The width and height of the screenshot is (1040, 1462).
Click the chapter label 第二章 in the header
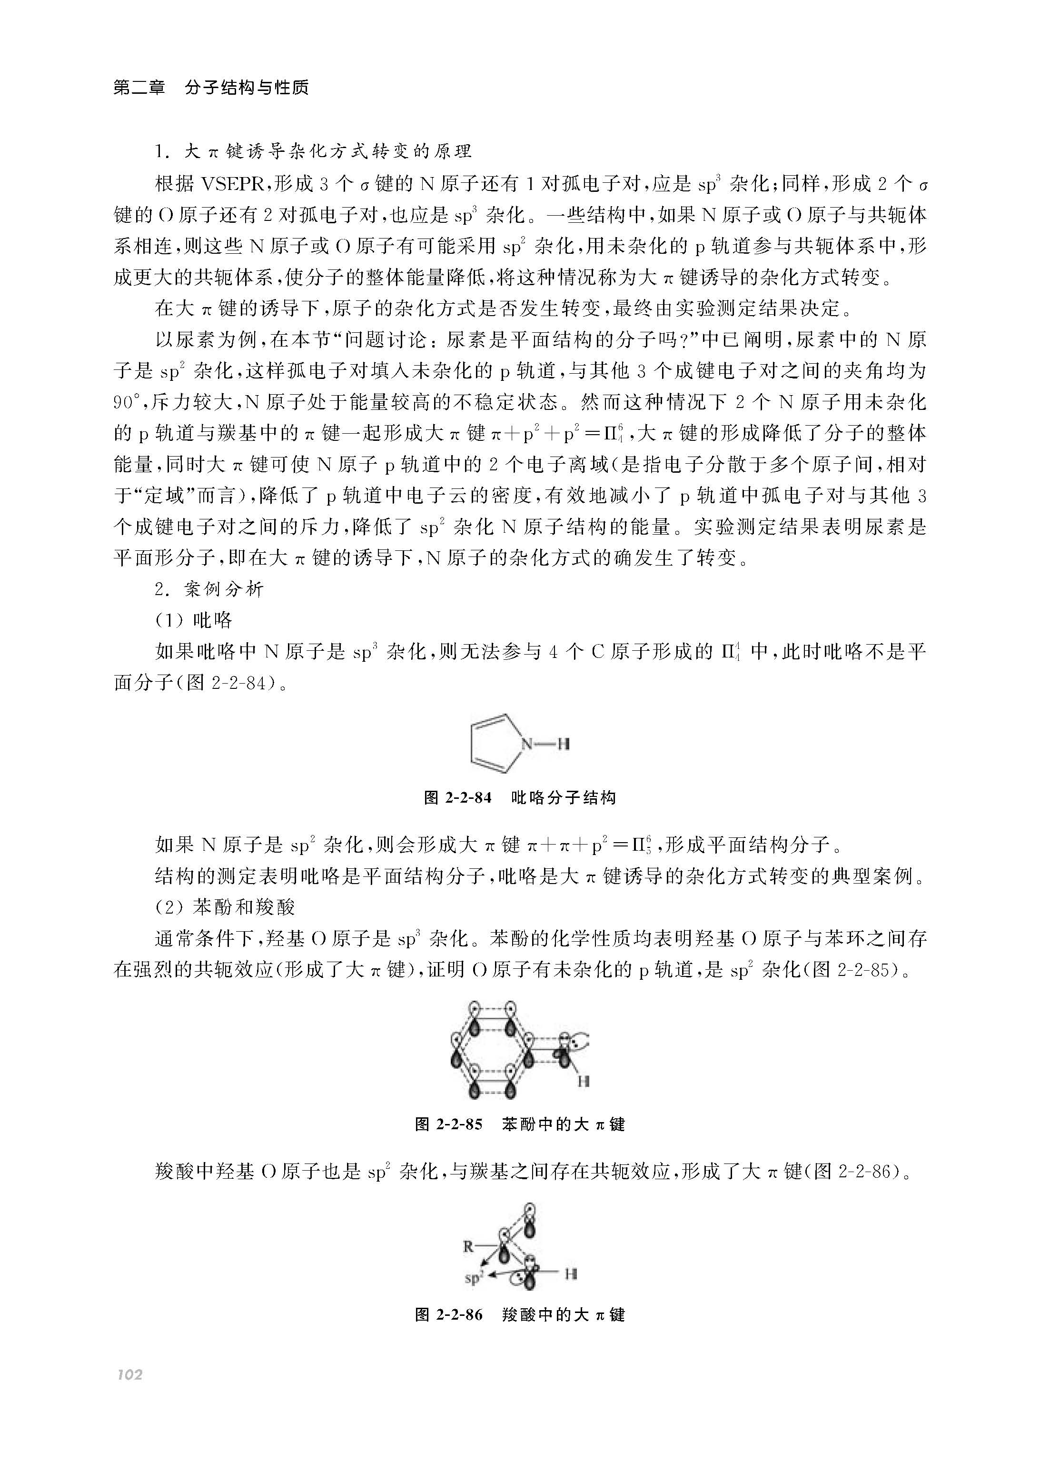pos(139,88)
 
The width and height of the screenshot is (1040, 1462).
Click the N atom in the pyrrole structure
pos(526,744)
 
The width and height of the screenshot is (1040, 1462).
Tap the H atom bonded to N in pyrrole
pos(563,744)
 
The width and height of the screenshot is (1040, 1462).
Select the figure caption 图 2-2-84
pos(457,798)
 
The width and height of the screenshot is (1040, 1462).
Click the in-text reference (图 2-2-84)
pos(228,683)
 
